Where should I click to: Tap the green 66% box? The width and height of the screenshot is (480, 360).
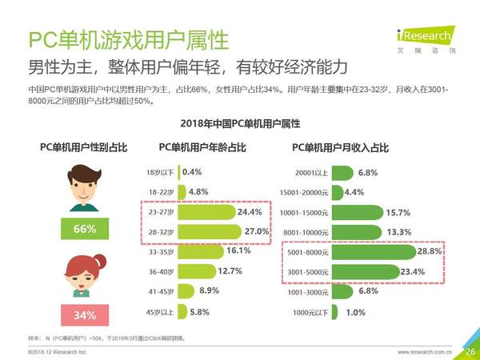(x=84, y=229)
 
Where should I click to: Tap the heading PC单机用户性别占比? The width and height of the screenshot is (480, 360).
(x=84, y=148)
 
